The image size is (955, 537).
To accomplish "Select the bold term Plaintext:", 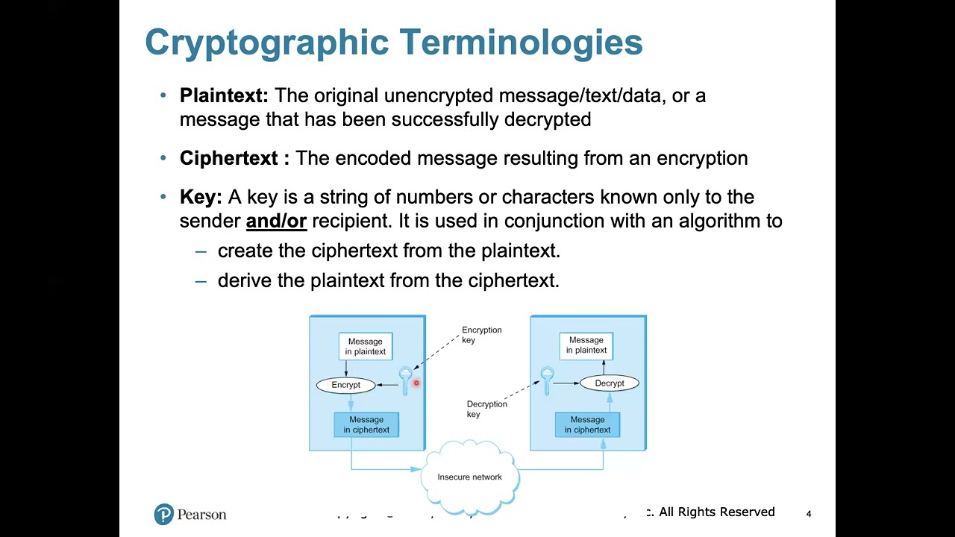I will (224, 95).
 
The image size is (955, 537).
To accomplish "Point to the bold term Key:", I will (201, 197).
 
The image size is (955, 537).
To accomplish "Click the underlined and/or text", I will (276, 221).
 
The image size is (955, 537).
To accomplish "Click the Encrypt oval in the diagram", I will (345, 385).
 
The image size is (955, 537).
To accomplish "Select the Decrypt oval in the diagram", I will (610, 383).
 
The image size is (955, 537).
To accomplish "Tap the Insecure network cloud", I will (470, 477).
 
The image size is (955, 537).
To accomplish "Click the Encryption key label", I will (481, 335).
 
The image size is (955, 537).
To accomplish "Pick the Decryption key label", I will (486, 409).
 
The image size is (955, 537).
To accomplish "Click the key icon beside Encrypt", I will (405, 379).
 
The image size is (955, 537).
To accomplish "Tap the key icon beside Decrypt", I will (547, 380).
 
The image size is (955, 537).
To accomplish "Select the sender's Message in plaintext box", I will (365, 347).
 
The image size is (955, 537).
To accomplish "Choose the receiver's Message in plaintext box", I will (586, 345).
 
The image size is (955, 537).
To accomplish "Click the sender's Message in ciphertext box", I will (366, 424).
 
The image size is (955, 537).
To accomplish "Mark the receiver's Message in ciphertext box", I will (587, 424).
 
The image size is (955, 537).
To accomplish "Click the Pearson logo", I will (190, 515).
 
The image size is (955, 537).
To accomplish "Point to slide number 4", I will (808, 514).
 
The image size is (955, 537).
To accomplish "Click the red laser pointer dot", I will (416, 383).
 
